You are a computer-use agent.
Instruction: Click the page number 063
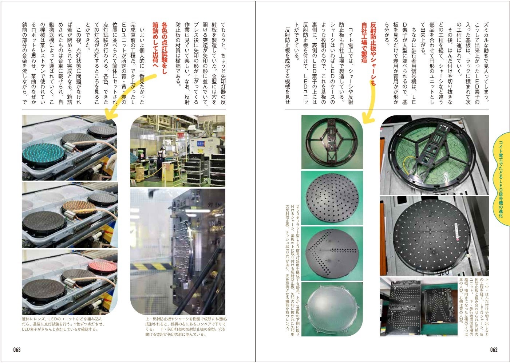point(17,350)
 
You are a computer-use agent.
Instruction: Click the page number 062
point(494,350)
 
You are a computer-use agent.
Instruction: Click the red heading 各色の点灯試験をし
point(164,48)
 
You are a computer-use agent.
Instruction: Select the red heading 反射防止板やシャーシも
point(373,54)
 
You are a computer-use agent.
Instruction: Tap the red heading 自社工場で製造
point(364,42)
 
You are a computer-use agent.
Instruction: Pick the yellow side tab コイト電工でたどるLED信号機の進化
point(501,179)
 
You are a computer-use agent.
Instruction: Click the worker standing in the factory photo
point(162,159)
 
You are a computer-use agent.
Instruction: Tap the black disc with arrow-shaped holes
point(332,253)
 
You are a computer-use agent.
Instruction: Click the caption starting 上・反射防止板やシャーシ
point(187,327)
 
